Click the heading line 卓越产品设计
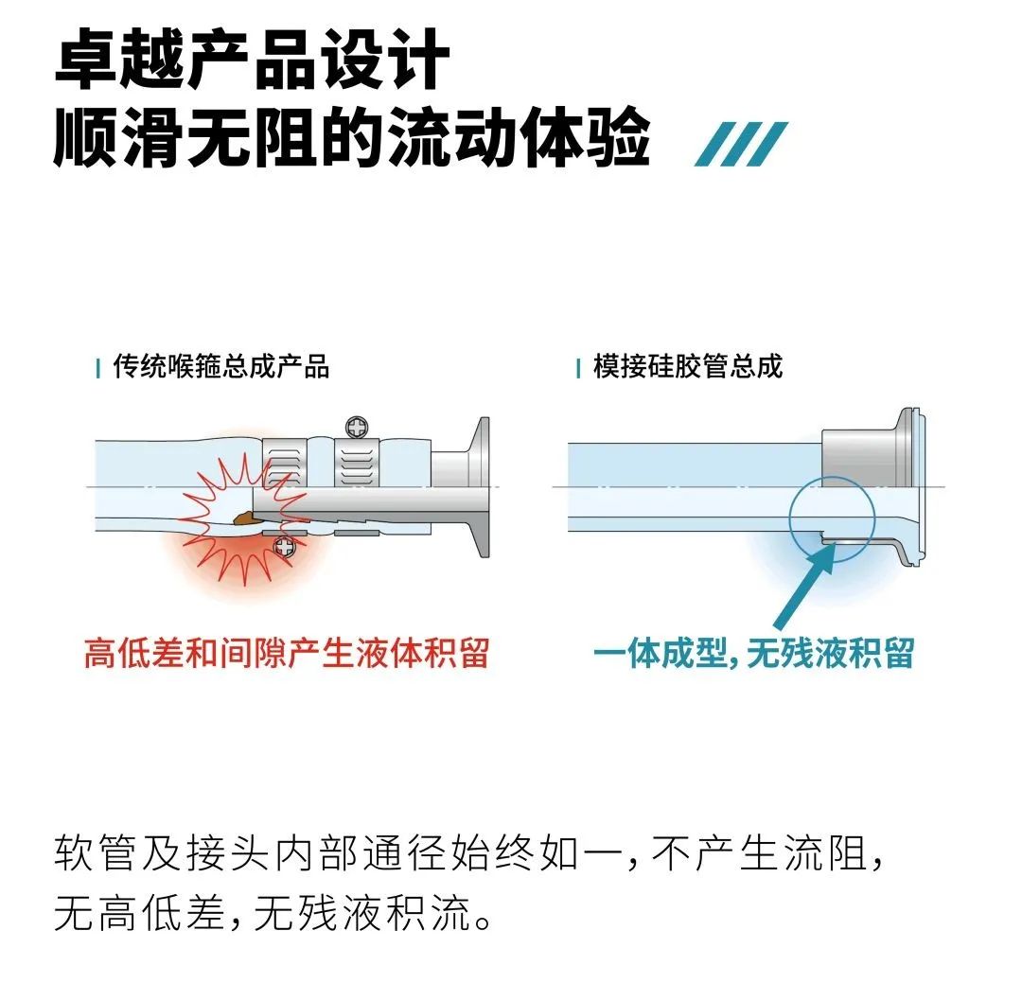(x=253, y=58)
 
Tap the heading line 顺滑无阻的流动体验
(x=352, y=137)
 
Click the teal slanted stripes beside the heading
(x=741, y=144)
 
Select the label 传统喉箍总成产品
(x=220, y=366)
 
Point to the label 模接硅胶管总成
(x=688, y=366)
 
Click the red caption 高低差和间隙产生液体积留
(x=287, y=653)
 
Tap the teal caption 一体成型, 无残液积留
(x=753, y=653)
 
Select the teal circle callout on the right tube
(x=832, y=478)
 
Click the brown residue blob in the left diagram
(x=244, y=518)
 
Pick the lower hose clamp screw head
(x=285, y=546)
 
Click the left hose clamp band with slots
(x=285, y=463)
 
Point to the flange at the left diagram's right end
(x=481, y=487)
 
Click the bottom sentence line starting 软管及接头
(x=468, y=852)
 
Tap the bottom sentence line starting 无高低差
(x=273, y=913)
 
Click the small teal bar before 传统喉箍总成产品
(x=97, y=368)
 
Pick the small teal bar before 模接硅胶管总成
(x=578, y=368)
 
